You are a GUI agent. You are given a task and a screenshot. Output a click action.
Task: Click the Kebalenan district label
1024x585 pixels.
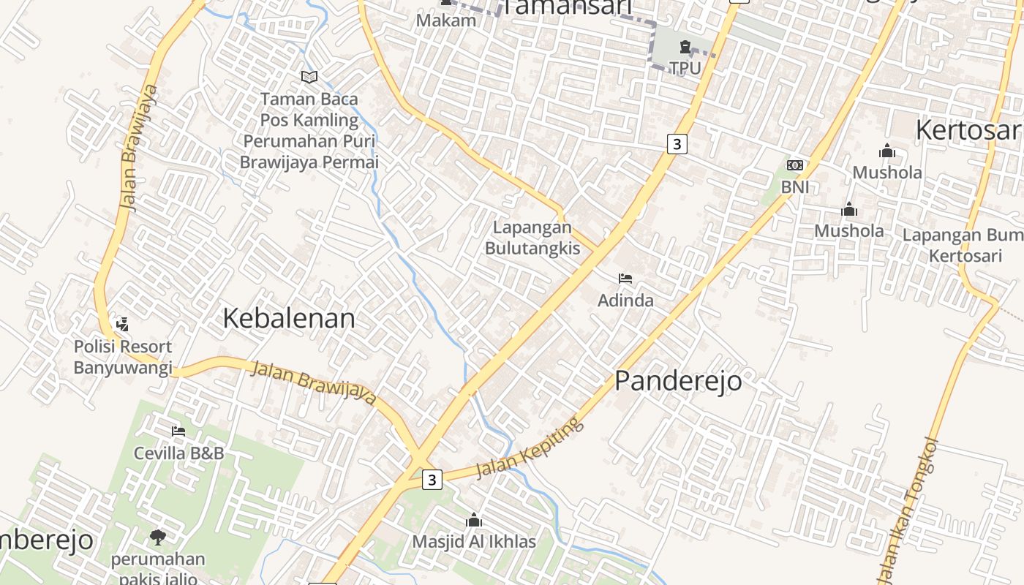coord(288,318)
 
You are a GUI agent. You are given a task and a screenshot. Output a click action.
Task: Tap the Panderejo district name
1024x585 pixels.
coord(677,381)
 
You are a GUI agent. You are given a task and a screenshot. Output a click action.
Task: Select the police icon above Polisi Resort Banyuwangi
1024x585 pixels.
coord(122,324)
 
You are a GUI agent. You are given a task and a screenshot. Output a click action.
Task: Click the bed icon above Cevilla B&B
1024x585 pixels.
coord(178,431)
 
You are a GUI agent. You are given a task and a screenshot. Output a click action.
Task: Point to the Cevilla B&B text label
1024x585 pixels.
coord(178,453)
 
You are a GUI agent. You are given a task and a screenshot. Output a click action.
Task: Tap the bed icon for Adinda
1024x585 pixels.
coord(625,279)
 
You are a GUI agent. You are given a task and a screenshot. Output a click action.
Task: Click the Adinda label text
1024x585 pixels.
coord(625,301)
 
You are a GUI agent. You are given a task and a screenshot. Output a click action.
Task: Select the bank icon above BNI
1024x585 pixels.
coord(794,165)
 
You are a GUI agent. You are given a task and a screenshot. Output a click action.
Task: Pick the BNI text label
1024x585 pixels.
coord(795,187)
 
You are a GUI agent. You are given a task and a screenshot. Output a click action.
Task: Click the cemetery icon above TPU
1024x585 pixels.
coord(685,48)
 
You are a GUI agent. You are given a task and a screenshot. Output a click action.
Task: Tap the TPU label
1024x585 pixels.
coord(685,68)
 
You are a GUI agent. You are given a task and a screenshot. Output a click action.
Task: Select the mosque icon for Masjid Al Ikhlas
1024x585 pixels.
coord(474,520)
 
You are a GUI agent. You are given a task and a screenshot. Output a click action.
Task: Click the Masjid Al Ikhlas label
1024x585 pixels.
coord(474,542)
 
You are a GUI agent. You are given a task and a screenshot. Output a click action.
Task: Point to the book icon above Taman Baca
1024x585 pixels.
coord(309,77)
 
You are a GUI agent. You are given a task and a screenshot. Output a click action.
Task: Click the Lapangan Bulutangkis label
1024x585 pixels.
coord(532,238)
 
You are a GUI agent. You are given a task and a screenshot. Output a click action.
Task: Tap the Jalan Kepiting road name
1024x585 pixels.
coord(530,448)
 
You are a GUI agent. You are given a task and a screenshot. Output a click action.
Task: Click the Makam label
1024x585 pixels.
coord(446,20)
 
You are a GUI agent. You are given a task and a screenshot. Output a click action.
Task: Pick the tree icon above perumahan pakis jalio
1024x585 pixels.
coord(157,538)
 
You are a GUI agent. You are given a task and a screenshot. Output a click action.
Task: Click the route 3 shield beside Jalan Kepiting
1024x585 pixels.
coord(432,480)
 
